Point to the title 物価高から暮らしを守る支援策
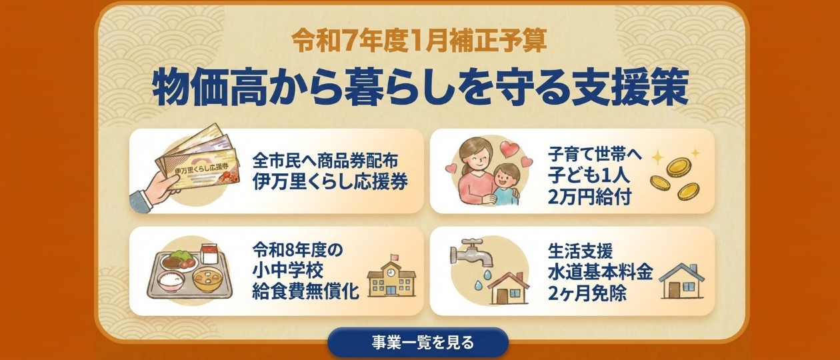pos(419,87)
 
